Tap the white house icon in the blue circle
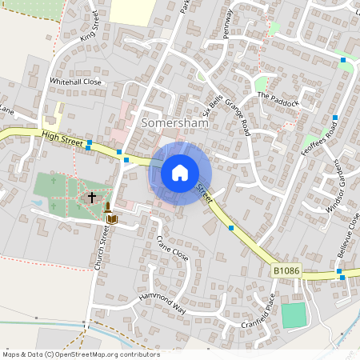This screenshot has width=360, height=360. tap(180, 172)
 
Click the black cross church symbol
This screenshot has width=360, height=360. tap(92, 196)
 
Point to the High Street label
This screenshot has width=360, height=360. tap(62, 139)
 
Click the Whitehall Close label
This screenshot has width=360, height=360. tap(76, 82)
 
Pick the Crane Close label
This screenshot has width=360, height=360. tap(171, 249)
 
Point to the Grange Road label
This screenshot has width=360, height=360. tap(238, 117)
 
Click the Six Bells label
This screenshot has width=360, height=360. tap(212, 104)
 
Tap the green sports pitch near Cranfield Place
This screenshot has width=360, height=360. tap(294, 314)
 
